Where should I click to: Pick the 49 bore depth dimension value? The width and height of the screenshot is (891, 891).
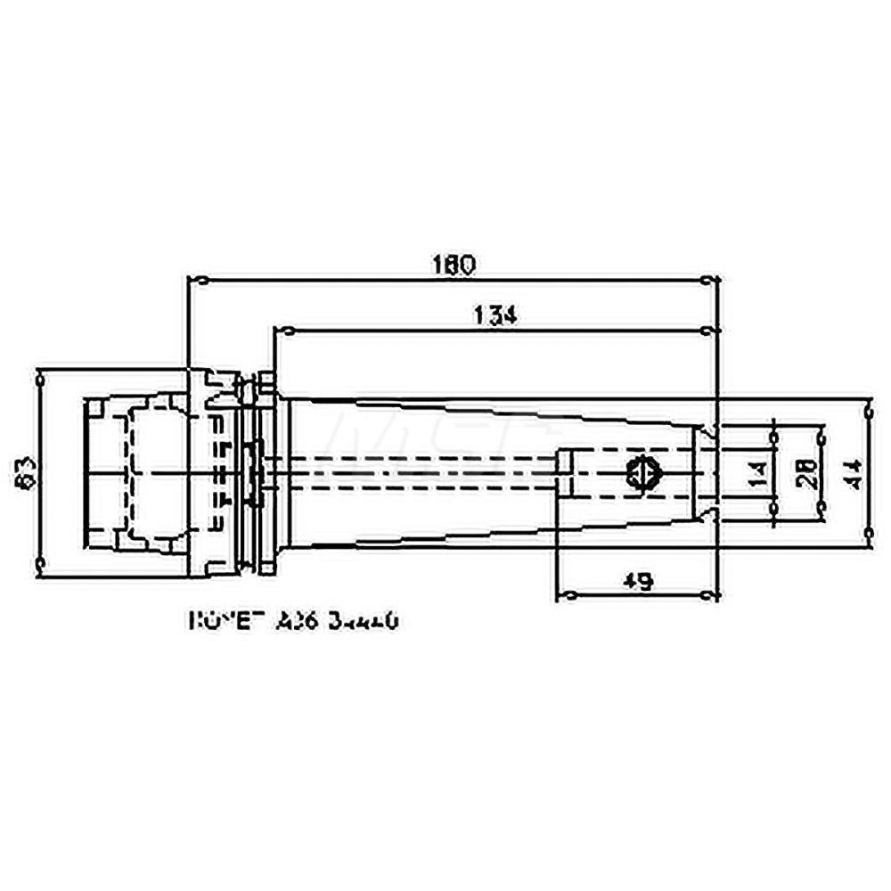click(x=636, y=580)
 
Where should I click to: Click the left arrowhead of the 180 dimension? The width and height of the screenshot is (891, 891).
click(x=198, y=281)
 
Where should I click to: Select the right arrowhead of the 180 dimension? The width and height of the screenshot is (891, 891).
click(x=708, y=281)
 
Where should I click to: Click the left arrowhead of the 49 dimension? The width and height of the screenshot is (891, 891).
click(x=567, y=594)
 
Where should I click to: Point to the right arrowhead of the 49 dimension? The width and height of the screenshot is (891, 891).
click(x=708, y=594)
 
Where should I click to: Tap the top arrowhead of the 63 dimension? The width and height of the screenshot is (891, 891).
click(x=40, y=378)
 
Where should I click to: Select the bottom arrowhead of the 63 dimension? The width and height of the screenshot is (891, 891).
click(x=40, y=561)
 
